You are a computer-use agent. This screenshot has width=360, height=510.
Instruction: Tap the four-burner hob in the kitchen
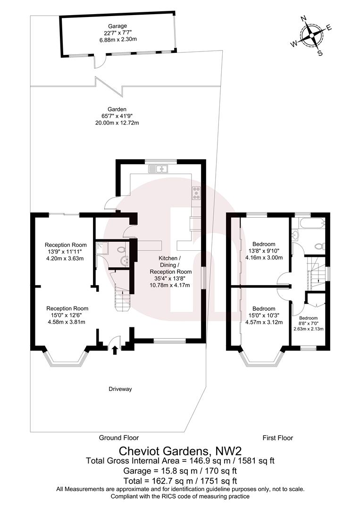196,194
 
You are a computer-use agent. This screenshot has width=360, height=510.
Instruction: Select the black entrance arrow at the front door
115,349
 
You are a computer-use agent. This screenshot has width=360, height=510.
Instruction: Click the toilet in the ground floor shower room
121,248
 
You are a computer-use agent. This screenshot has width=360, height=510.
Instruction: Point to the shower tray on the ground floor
102,248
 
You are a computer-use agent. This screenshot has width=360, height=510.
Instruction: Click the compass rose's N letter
304,19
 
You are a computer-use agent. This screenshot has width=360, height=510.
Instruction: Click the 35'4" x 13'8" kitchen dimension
170,278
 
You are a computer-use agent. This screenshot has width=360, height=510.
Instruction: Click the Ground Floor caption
118,438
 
